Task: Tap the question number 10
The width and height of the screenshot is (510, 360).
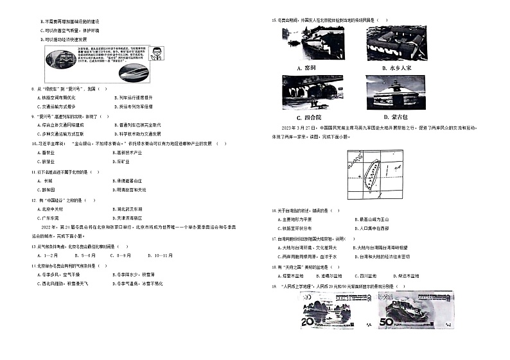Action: tap(34, 144)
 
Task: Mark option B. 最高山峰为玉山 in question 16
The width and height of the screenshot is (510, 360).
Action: tap(374, 219)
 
